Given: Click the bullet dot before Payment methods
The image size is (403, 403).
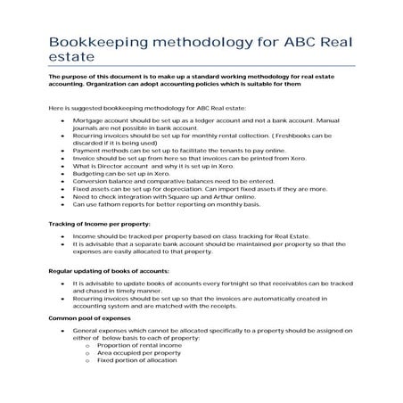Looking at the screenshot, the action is (62, 154).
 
